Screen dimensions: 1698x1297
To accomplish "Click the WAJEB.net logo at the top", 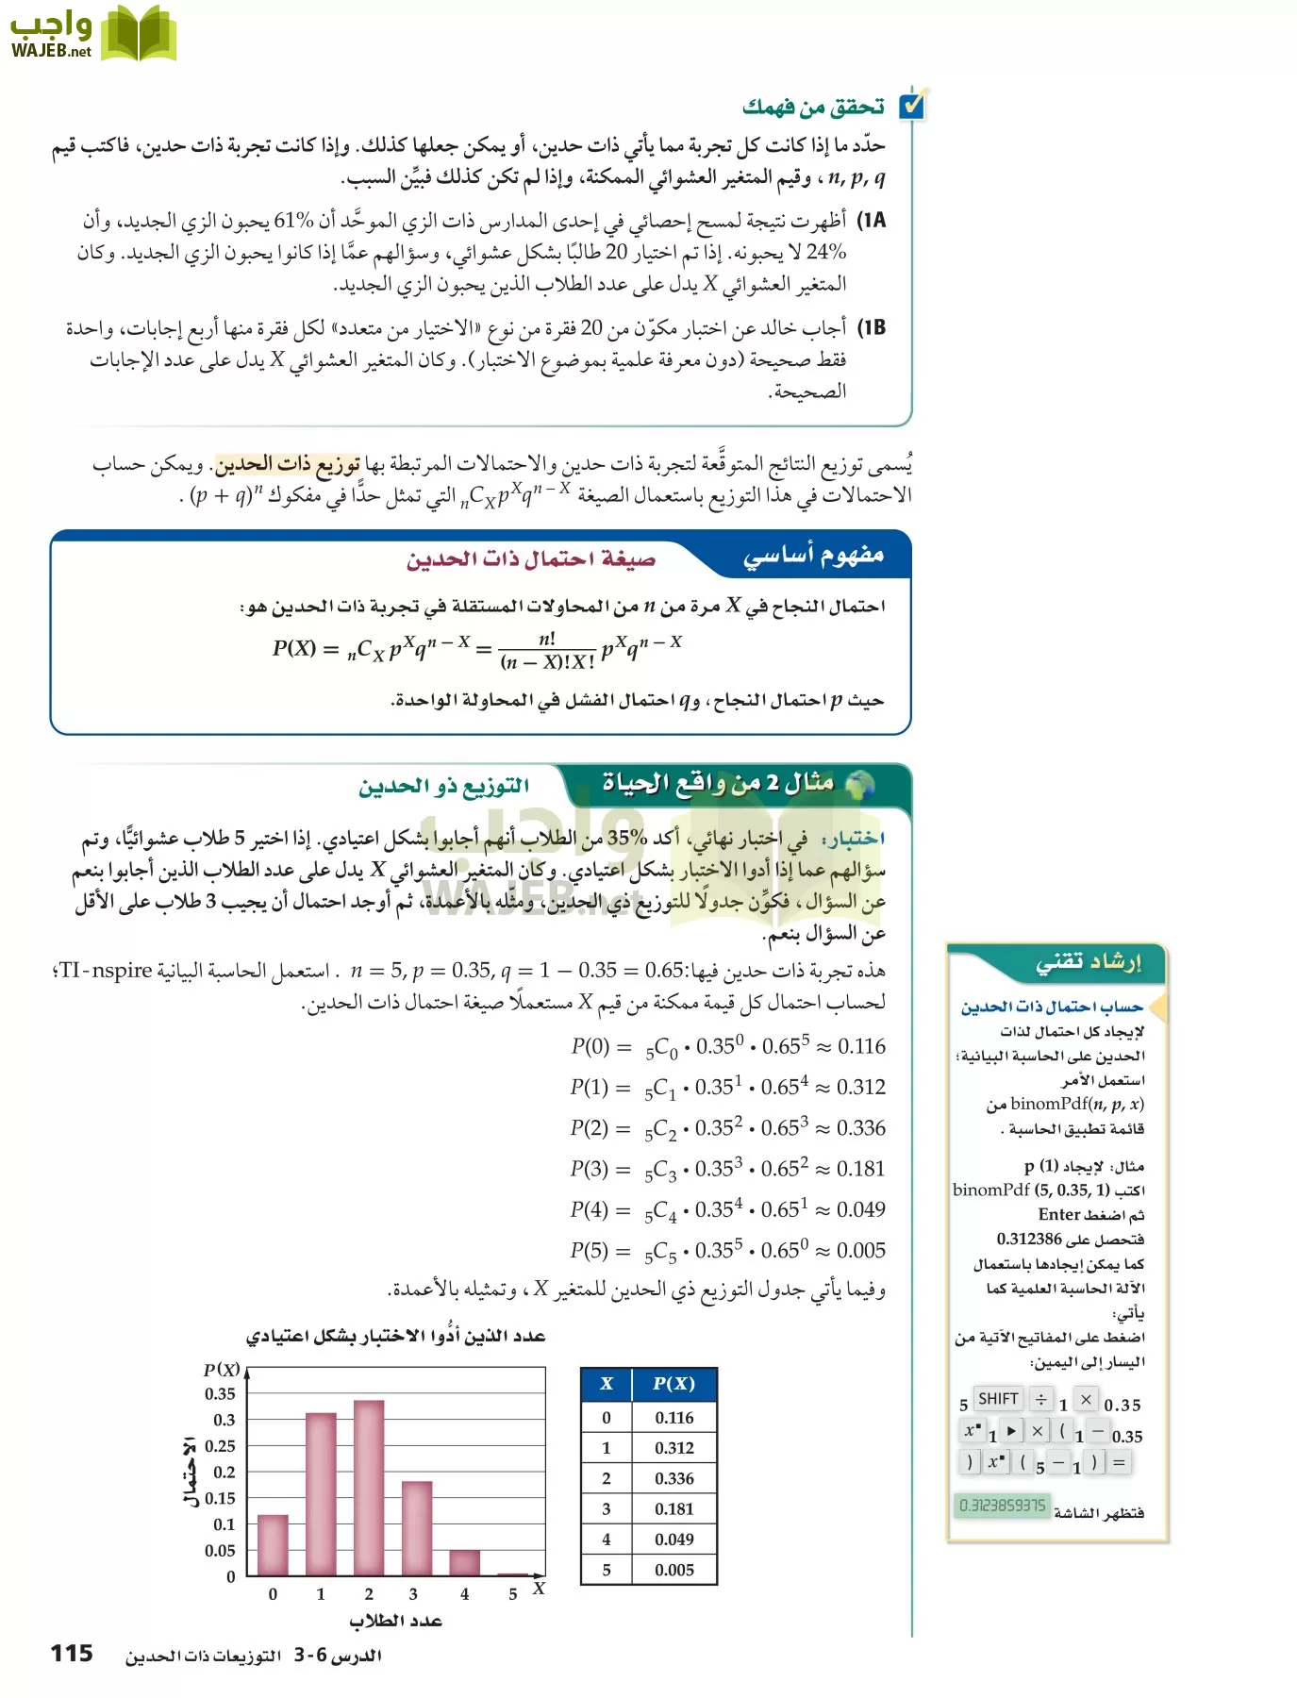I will click(x=91, y=34).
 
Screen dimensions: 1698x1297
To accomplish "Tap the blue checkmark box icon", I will click(x=912, y=105).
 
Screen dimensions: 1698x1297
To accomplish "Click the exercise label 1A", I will click(x=872, y=221).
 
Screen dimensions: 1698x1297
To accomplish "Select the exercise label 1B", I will click(x=872, y=328).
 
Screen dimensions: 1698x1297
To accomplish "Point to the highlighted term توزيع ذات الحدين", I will click(x=288, y=463).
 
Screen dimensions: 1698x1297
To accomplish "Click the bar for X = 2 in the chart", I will click(x=368, y=1488).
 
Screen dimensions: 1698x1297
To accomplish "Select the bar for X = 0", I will click(x=273, y=1544).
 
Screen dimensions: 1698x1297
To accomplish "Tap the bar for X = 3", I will click(x=416, y=1527).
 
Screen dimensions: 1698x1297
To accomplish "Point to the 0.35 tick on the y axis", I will click(x=221, y=1393).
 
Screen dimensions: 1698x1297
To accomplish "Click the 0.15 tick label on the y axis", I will click(x=221, y=1498).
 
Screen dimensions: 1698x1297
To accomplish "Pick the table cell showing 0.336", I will click(x=673, y=1478).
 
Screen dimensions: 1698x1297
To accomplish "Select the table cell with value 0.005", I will click(x=673, y=1570).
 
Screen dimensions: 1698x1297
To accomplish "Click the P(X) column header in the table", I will click(x=673, y=1384).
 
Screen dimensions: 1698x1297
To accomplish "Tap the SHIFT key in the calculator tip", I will click(x=998, y=1399).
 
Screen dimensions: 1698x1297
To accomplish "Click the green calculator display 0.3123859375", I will click(x=1002, y=1506).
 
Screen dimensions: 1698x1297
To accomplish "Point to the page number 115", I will click(x=72, y=1653).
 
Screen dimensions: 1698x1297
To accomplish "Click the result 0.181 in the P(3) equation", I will click(x=860, y=1169).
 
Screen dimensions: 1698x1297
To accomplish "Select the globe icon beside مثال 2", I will click(x=859, y=784).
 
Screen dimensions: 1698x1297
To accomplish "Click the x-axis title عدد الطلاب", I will click(x=395, y=1621).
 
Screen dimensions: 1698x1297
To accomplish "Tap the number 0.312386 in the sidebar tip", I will click(x=1029, y=1239).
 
